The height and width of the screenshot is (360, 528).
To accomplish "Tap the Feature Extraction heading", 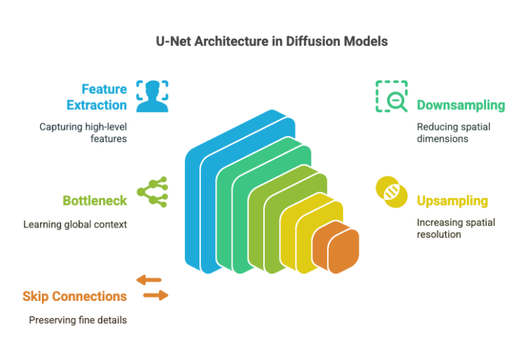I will tap(96, 97).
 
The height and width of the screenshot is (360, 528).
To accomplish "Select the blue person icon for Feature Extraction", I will tap(152, 95).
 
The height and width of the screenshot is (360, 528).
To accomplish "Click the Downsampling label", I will tap(461, 106).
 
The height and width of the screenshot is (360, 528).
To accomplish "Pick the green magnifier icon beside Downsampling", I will tap(391, 96).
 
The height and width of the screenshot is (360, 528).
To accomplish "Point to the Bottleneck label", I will tap(95, 201).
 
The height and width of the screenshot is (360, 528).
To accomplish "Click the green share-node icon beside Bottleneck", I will tap(153, 192).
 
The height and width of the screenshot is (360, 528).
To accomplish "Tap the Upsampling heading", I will tap(452, 201).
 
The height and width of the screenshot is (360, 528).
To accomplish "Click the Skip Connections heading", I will tap(74, 296).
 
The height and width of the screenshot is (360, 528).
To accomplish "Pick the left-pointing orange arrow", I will tap(149, 280).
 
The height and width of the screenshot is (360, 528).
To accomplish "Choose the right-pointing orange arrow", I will tap(155, 295).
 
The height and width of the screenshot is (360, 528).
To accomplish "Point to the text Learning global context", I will tap(75, 224).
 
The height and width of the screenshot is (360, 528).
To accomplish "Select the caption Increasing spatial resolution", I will tap(456, 228).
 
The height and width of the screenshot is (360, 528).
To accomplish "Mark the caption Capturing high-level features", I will tap(83, 132).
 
